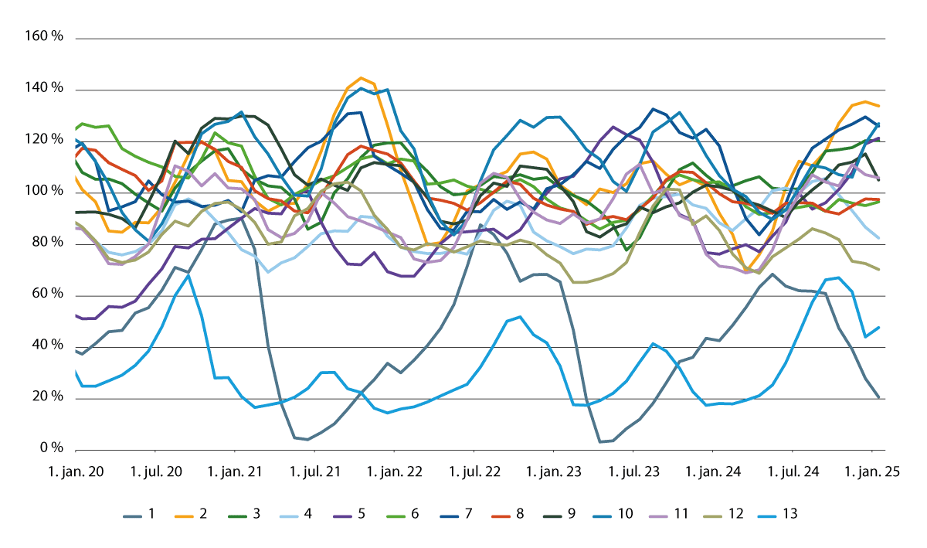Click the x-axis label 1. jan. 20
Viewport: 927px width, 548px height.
click(77, 471)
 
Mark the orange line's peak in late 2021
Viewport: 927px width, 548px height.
click(361, 78)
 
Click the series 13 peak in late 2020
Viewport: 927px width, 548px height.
click(188, 275)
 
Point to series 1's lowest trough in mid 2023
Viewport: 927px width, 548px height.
click(600, 441)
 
